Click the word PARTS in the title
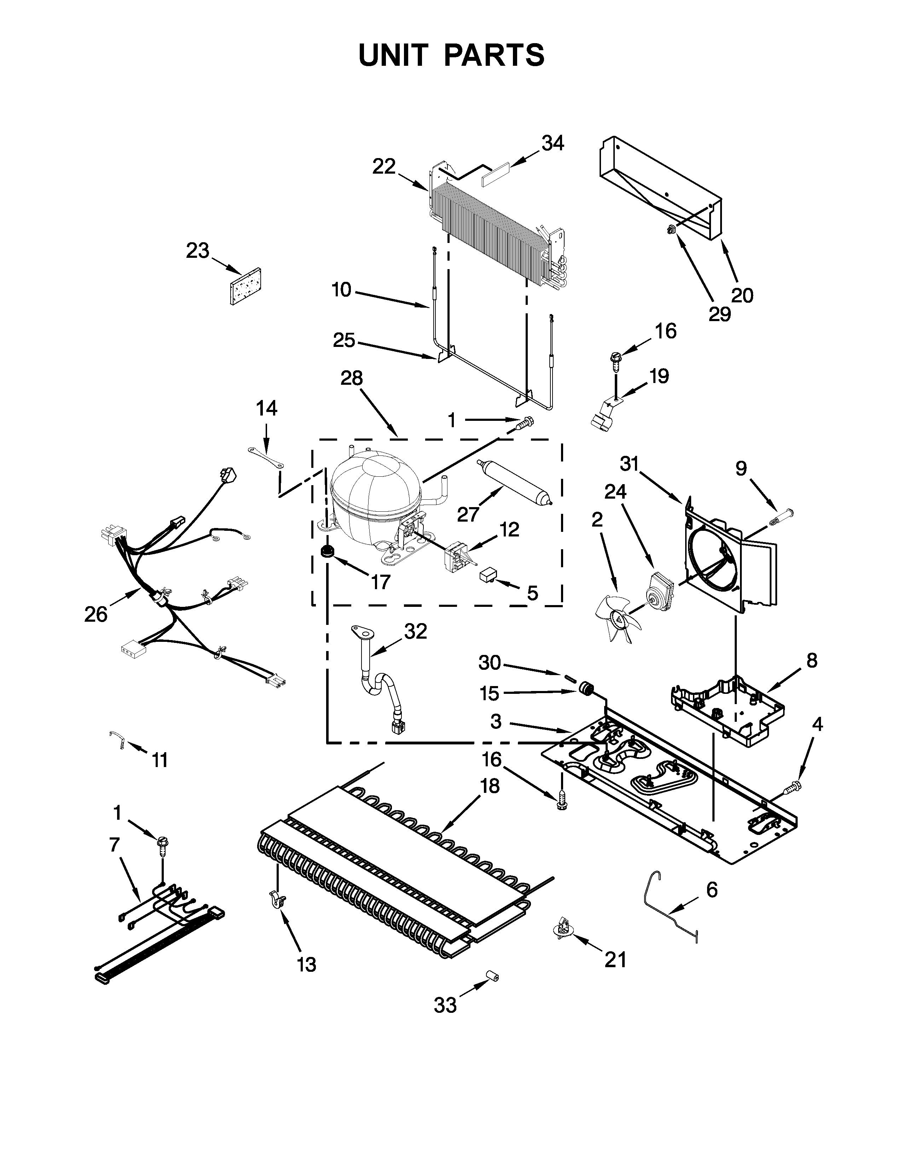click(494, 55)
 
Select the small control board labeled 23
click(245, 286)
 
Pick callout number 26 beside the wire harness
click(96, 615)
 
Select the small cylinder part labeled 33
click(492, 977)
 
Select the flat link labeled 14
click(265, 458)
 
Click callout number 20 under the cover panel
click(742, 296)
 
